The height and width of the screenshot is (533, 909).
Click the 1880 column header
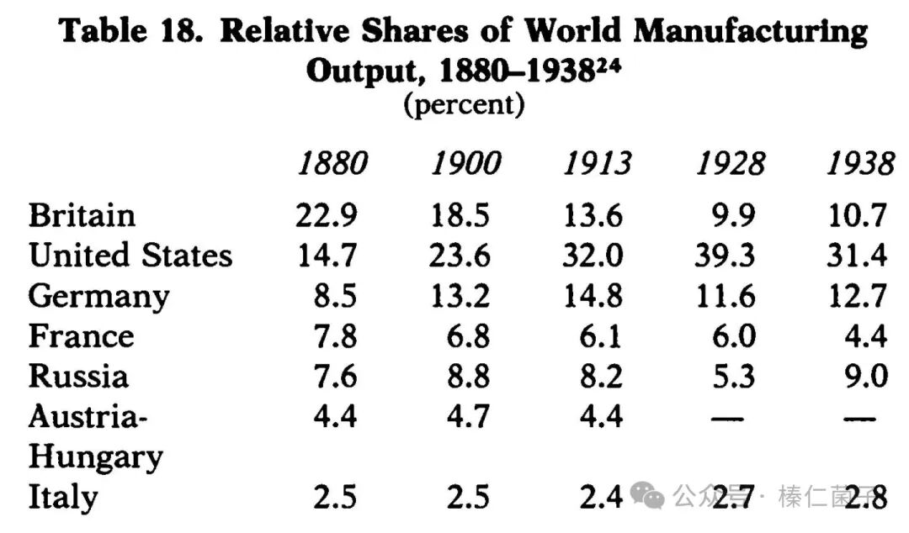point(332,164)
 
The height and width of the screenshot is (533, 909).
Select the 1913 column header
point(597,164)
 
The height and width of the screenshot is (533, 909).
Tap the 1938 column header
point(859,164)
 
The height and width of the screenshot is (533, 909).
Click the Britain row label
point(82,215)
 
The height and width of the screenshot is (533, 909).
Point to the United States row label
point(130,255)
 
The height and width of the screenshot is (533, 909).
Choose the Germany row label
point(98,296)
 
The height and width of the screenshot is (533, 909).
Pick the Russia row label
point(78,376)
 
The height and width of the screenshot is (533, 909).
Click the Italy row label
point(63,498)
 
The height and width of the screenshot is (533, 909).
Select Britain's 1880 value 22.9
point(327,215)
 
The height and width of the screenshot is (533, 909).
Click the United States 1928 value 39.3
point(725,255)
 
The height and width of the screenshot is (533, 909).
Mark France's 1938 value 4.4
point(866,336)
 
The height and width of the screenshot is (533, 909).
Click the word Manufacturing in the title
point(750,32)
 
